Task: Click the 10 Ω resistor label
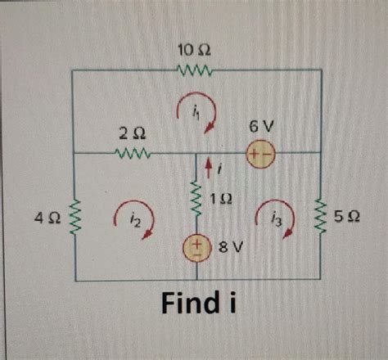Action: point(195,51)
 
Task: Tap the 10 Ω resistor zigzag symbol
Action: point(196,71)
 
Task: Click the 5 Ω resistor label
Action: point(347,217)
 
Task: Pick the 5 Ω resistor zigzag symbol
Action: point(320,216)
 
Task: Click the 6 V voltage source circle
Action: point(263,154)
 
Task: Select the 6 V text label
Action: point(262,128)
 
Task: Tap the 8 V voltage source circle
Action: point(196,246)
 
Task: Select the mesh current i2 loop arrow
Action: point(138,221)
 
